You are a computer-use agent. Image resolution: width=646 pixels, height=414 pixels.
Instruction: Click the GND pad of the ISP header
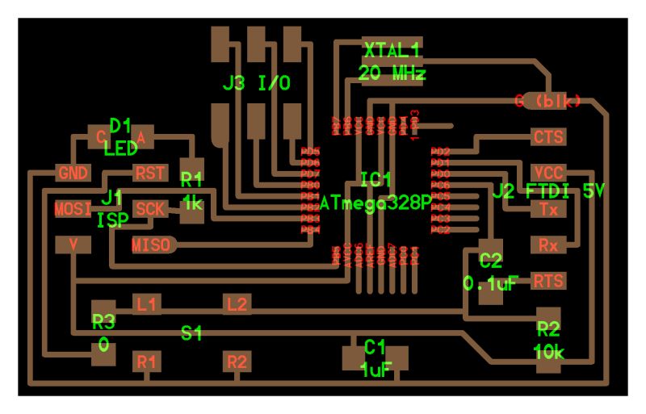click(73, 173)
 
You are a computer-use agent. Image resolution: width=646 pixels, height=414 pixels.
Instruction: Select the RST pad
click(149, 173)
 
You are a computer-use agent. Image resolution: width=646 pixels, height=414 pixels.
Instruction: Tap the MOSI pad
click(73, 209)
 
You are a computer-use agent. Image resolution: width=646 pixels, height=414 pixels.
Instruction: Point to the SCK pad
click(150, 209)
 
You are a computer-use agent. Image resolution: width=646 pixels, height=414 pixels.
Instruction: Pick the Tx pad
click(548, 208)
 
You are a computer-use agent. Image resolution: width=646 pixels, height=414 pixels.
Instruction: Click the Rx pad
click(548, 244)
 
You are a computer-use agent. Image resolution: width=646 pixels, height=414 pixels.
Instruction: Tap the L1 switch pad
click(146, 304)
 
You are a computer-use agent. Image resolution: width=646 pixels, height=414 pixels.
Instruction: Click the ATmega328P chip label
click(375, 202)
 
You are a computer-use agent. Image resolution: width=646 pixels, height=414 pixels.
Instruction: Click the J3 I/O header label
click(256, 83)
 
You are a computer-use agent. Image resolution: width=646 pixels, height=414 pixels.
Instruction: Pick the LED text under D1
click(121, 148)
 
